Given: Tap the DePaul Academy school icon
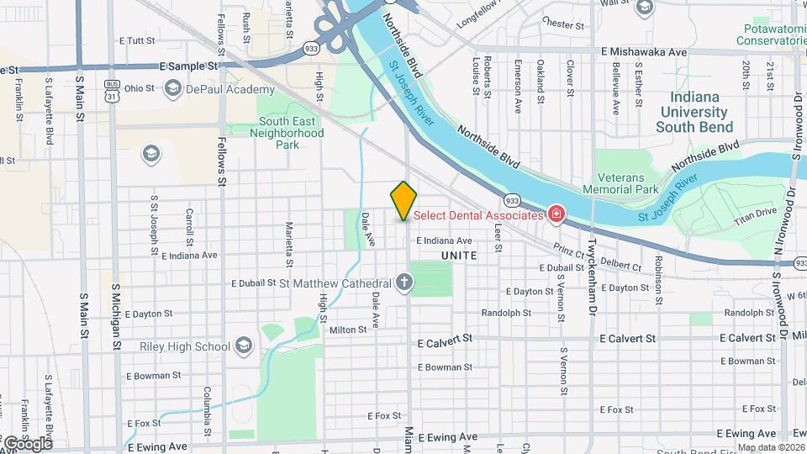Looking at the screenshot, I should point(173,89).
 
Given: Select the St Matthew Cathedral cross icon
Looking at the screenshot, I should point(404,282).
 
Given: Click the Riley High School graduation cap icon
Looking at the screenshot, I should point(243,346).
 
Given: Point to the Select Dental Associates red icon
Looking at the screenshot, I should point(555,215).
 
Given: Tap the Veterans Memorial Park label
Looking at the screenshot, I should point(627,183).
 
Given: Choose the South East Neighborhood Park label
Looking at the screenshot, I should point(286,133).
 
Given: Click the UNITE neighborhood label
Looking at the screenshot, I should point(458,255).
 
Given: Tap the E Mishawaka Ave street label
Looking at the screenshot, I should point(644,51).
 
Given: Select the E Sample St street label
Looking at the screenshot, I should point(189,65).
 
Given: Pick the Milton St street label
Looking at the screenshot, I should point(348,330).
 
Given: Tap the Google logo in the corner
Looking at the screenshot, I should point(27,442).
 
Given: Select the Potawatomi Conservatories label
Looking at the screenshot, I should point(770,34).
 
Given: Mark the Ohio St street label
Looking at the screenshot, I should point(139,88).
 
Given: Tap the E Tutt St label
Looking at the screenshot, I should point(138,40).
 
